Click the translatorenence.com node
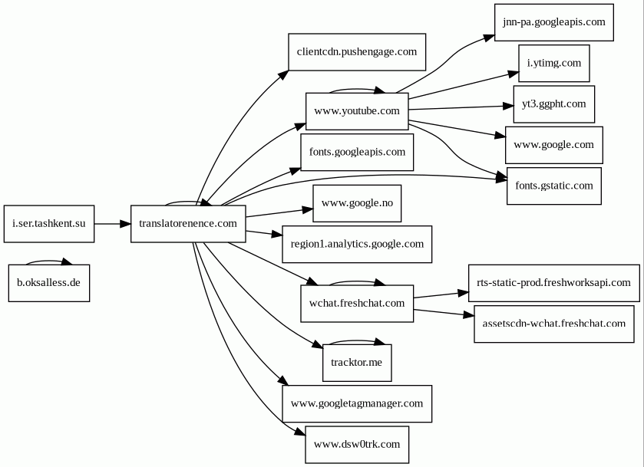pos(188,224)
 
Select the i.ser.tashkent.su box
pos(49,224)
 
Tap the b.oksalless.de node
pos(49,283)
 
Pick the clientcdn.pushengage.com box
pos(357,52)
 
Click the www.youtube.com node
pos(357,111)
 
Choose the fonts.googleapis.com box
pos(357,153)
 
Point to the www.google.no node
pos(357,203)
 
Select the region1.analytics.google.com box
pos(357,244)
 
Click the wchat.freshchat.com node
pos(357,303)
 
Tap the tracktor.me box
pos(357,363)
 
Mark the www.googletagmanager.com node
pos(357,403)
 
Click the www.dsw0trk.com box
pos(357,445)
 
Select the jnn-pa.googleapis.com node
pos(554,22)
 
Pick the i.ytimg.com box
pos(554,63)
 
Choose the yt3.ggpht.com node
pos(554,104)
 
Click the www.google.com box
pos(554,145)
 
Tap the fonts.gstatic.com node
pos(554,186)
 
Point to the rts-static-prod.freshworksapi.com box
pos(554,283)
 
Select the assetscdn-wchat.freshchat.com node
pos(554,324)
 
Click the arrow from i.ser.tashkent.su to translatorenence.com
pos(113,224)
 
